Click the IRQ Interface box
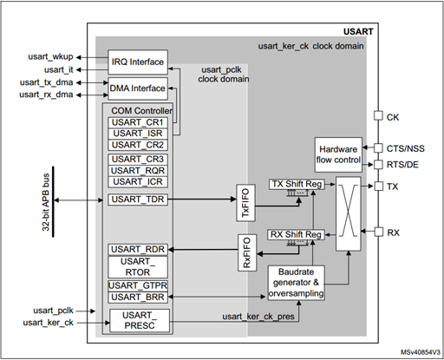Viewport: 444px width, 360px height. coord(137,62)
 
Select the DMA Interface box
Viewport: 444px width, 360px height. coord(137,88)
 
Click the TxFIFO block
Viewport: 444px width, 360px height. coord(246,200)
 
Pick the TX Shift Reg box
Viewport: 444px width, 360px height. coord(297,184)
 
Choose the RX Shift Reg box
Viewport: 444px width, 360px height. coord(297,234)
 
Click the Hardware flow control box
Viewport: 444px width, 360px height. coord(337,154)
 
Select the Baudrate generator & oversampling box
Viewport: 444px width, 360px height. coord(297,282)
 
